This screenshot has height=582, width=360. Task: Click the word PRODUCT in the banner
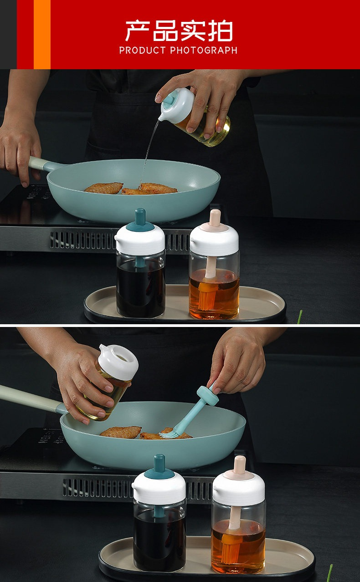tap(142, 51)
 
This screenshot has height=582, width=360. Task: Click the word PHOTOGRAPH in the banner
tap(204, 51)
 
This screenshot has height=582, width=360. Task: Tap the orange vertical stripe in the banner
tap(42, 35)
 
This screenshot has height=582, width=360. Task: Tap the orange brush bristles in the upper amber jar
tap(207, 296)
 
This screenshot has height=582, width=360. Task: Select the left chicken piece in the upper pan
tap(104, 188)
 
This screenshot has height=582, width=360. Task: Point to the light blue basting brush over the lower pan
tap(191, 411)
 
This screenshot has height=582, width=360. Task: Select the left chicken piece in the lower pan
tap(121, 432)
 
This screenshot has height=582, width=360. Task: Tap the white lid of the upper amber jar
tap(214, 239)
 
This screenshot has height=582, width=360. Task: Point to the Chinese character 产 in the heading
tap(138, 31)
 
